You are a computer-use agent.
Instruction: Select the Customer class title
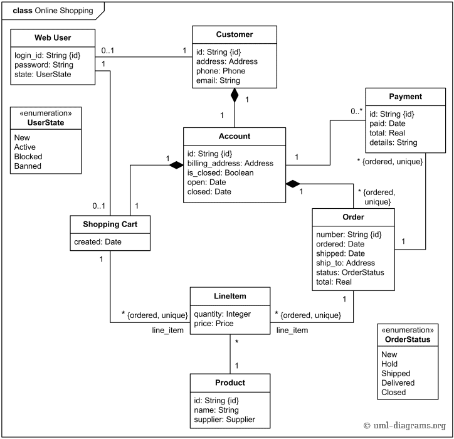[235, 34]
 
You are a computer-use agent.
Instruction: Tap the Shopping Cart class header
[110, 225]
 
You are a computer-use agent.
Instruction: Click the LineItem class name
[230, 296]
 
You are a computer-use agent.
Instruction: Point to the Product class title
[230, 383]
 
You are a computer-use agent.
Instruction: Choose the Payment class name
[405, 97]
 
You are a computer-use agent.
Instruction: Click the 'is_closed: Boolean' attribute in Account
[220, 172]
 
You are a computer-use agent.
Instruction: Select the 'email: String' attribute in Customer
[217, 80]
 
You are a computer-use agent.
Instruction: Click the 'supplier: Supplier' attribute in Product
[224, 420]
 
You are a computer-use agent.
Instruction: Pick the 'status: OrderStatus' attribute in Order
[350, 272]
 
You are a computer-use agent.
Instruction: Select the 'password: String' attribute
[43, 65]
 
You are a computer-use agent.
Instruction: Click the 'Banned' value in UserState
[28, 166]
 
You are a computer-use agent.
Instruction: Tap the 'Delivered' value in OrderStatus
[398, 383]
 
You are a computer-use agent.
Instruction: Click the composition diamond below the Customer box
[235, 95]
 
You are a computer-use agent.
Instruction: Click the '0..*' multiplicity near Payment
[356, 111]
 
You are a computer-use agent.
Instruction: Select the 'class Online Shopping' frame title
[53, 11]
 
